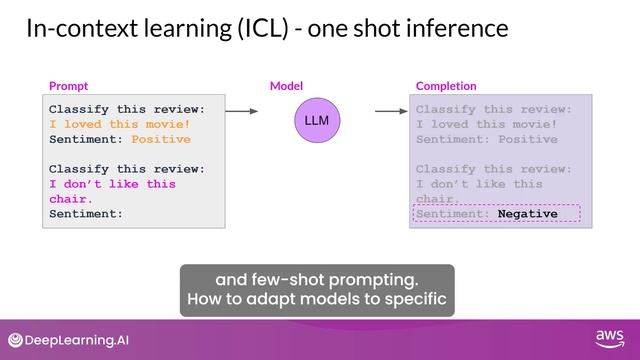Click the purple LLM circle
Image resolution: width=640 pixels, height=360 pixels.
point(316,121)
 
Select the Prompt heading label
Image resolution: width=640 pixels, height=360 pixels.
point(68,87)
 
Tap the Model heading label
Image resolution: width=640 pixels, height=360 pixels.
point(286,87)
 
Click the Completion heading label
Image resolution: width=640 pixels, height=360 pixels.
point(446,87)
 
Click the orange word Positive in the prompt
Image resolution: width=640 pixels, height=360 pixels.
point(161,139)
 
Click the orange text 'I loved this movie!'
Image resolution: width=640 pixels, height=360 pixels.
point(119,124)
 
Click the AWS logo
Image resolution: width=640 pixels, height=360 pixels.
point(609,338)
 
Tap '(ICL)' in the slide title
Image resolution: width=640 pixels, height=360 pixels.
point(264,28)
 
